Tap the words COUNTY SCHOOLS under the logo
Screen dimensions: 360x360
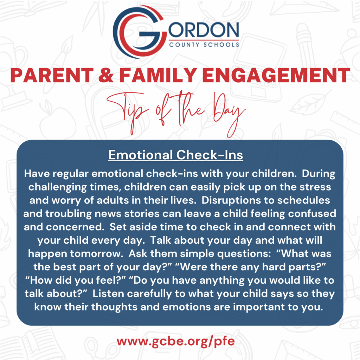click(x=204, y=45)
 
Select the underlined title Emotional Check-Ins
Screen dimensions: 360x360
click(x=176, y=155)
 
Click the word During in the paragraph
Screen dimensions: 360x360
click(x=319, y=174)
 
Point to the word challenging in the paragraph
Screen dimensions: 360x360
click(x=57, y=187)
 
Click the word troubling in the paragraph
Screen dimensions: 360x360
click(x=69, y=214)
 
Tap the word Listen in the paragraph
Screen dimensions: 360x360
click(x=108, y=294)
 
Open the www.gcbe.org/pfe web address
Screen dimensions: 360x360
click(x=176, y=342)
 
